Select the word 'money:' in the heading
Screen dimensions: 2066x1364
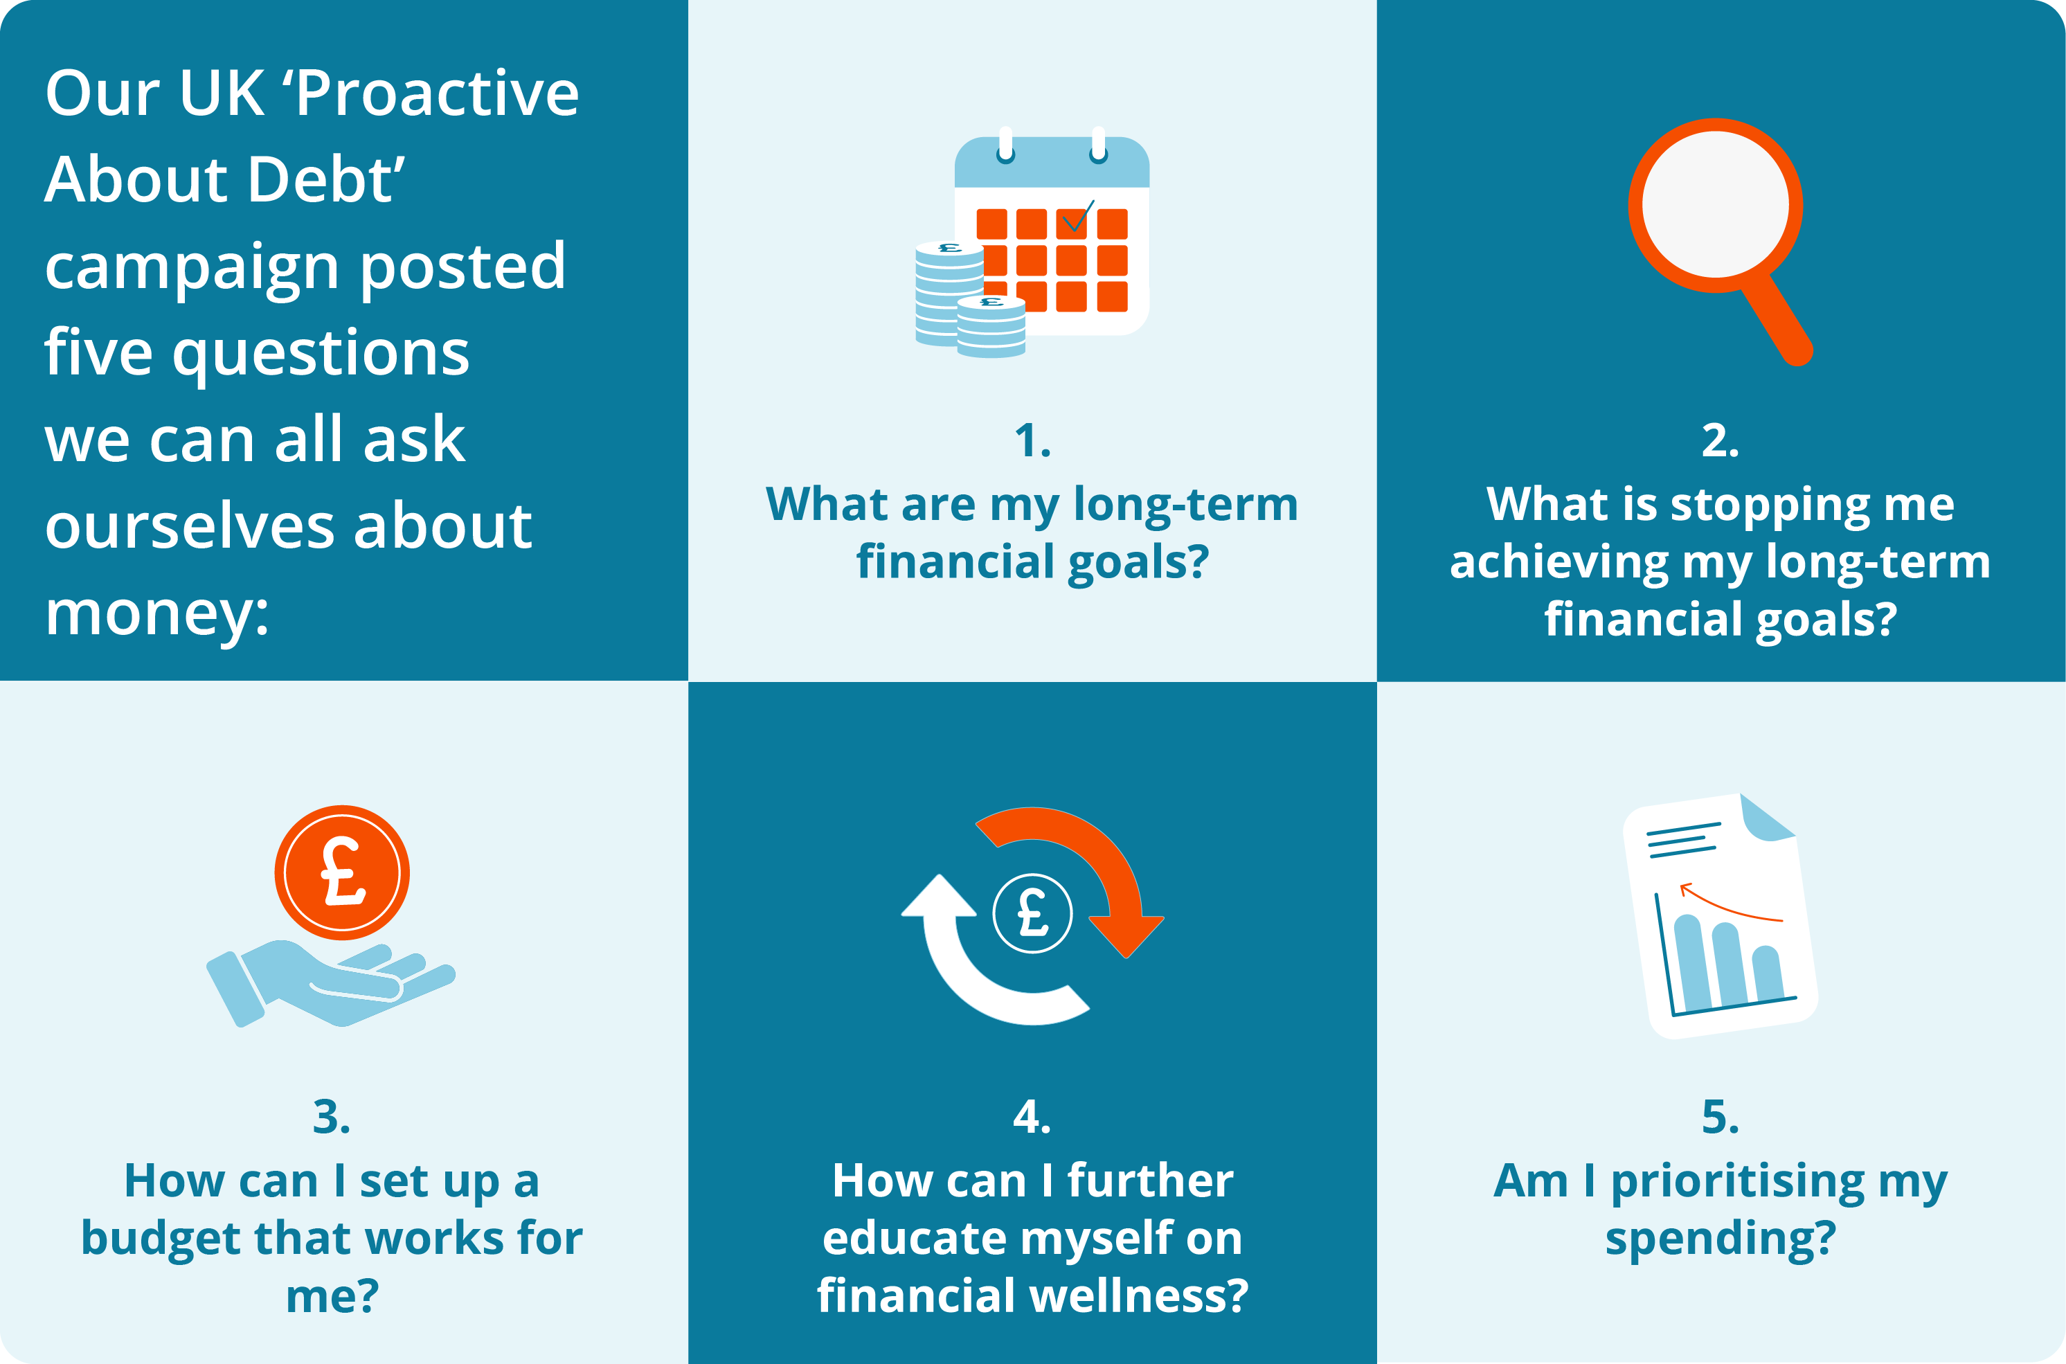click(x=157, y=613)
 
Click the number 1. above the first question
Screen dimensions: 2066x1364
click(x=1032, y=441)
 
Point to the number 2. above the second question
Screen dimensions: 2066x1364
click(x=1721, y=441)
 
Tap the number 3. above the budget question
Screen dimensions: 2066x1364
click(x=332, y=1117)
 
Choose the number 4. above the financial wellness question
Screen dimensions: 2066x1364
click(x=1032, y=1117)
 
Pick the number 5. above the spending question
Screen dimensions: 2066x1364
click(x=1721, y=1117)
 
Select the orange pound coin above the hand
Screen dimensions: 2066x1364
click(x=342, y=872)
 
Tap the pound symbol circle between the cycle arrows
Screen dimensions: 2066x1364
click(x=1032, y=913)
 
